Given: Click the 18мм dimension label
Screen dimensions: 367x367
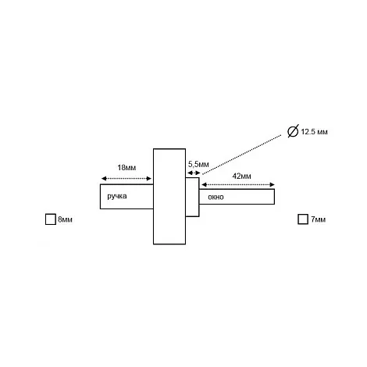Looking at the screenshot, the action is (126, 168).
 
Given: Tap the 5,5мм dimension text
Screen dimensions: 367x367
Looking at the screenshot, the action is (198, 165).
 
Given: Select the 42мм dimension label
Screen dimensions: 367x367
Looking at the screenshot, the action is (241, 176).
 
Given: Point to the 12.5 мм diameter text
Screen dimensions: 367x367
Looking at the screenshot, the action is (314, 132).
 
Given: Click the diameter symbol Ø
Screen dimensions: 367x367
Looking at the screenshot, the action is (293, 131).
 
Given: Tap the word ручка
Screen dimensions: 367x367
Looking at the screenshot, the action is (117, 196).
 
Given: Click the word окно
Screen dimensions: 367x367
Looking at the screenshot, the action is (216, 197).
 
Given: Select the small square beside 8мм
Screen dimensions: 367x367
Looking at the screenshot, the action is (51, 219).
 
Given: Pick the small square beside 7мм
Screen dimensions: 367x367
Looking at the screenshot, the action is (303, 219).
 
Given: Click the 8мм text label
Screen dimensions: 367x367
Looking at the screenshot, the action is (65, 219).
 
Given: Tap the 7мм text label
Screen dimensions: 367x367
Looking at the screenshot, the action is (318, 219).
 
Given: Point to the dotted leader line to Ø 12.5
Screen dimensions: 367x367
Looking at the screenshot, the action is (242, 155).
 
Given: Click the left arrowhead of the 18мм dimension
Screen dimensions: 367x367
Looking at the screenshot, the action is (104, 178).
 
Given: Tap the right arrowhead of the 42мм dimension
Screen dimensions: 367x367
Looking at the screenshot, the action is (273, 184).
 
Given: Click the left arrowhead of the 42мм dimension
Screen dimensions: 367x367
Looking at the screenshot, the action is (204, 184).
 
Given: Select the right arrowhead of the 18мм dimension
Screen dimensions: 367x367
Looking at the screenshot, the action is (149, 178).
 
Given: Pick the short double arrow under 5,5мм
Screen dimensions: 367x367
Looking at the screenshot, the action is (194, 173).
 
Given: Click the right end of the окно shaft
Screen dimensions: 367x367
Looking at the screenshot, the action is (274, 197).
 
